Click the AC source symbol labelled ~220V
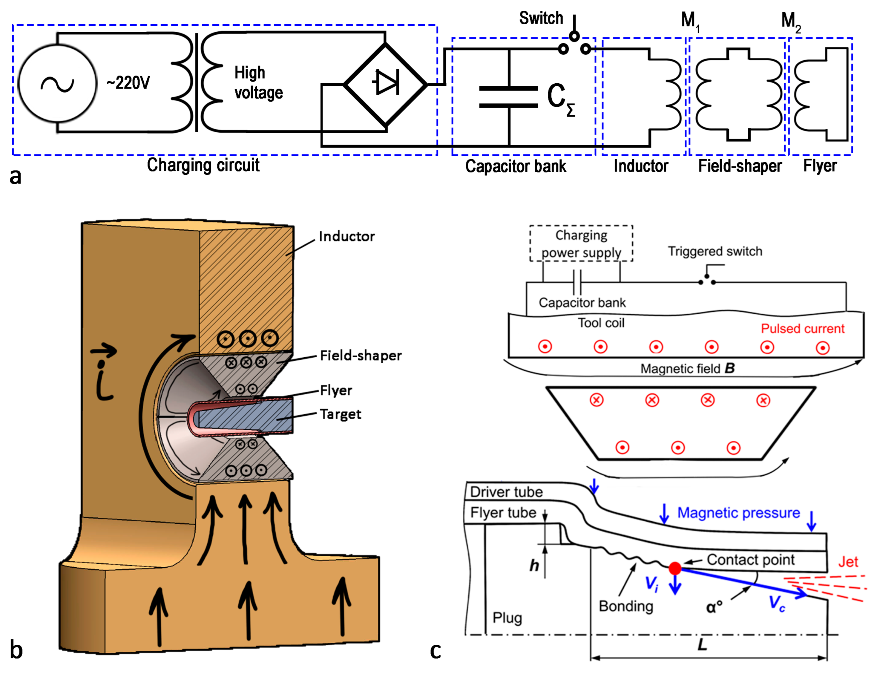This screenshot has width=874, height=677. tap(58, 83)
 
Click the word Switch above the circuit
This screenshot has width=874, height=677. tap(541, 19)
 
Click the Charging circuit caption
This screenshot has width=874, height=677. tap(203, 165)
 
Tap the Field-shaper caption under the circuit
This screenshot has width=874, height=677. tap(740, 166)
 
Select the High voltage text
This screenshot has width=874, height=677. tap(258, 83)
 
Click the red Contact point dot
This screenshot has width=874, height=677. tap(675, 568)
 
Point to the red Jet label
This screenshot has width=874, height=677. tap(848, 562)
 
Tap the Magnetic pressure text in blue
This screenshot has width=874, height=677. tap(738, 513)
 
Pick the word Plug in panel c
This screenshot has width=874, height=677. tap(507, 618)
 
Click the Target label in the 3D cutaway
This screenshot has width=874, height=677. tap(340, 414)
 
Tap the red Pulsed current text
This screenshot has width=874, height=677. tap(802, 329)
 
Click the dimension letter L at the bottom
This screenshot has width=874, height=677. tap(702, 644)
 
